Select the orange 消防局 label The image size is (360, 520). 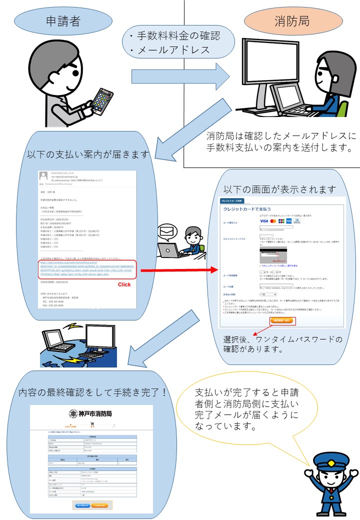click(x=292, y=21)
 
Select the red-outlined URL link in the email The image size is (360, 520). click(x=88, y=271)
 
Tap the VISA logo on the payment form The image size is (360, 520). click(x=264, y=220)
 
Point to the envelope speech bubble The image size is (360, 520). click(x=165, y=231)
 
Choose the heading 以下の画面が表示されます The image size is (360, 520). click(x=280, y=190)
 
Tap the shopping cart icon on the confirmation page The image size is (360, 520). click(x=91, y=425)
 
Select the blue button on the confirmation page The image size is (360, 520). click(x=82, y=505)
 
